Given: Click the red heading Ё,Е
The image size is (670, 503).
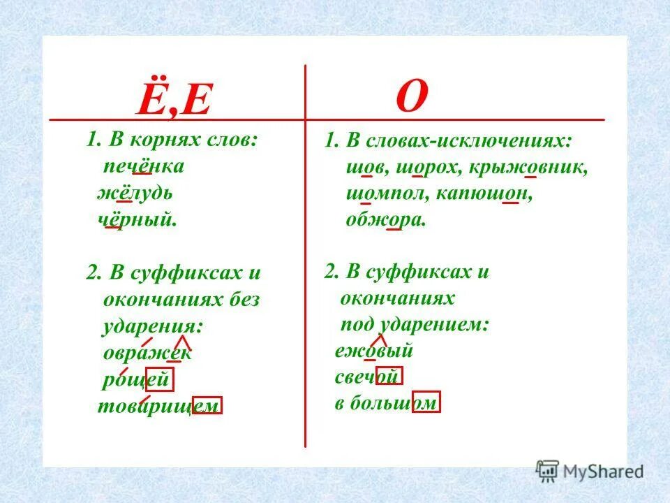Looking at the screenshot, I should pyautogui.click(x=173, y=101).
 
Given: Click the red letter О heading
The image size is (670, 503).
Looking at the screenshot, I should pyautogui.click(x=411, y=97).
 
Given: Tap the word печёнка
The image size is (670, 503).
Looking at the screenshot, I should pyautogui.click(x=144, y=166).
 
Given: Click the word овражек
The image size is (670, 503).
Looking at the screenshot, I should pyautogui.click(x=147, y=353).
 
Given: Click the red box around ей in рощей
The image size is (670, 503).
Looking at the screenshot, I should pyautogui.click(x=158, y=380).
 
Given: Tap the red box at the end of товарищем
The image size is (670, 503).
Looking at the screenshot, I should pyautogui.click(x=207, y=406).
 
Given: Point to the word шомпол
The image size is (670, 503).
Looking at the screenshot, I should pyautogui.click(x=385, y=194).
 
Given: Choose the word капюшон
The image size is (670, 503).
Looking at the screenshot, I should pyautogui.click(x=484, y=194).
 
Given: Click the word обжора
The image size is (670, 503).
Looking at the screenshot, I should pyautogui.click(x=385, y=221).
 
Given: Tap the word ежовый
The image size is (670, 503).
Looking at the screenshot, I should pyautogui.click(x=374, y=351).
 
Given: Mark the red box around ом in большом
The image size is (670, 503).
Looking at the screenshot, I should pyautogui.click(x=426, y=402).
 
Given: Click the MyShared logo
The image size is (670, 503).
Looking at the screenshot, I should pyautogui.click(x=590, y=470).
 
